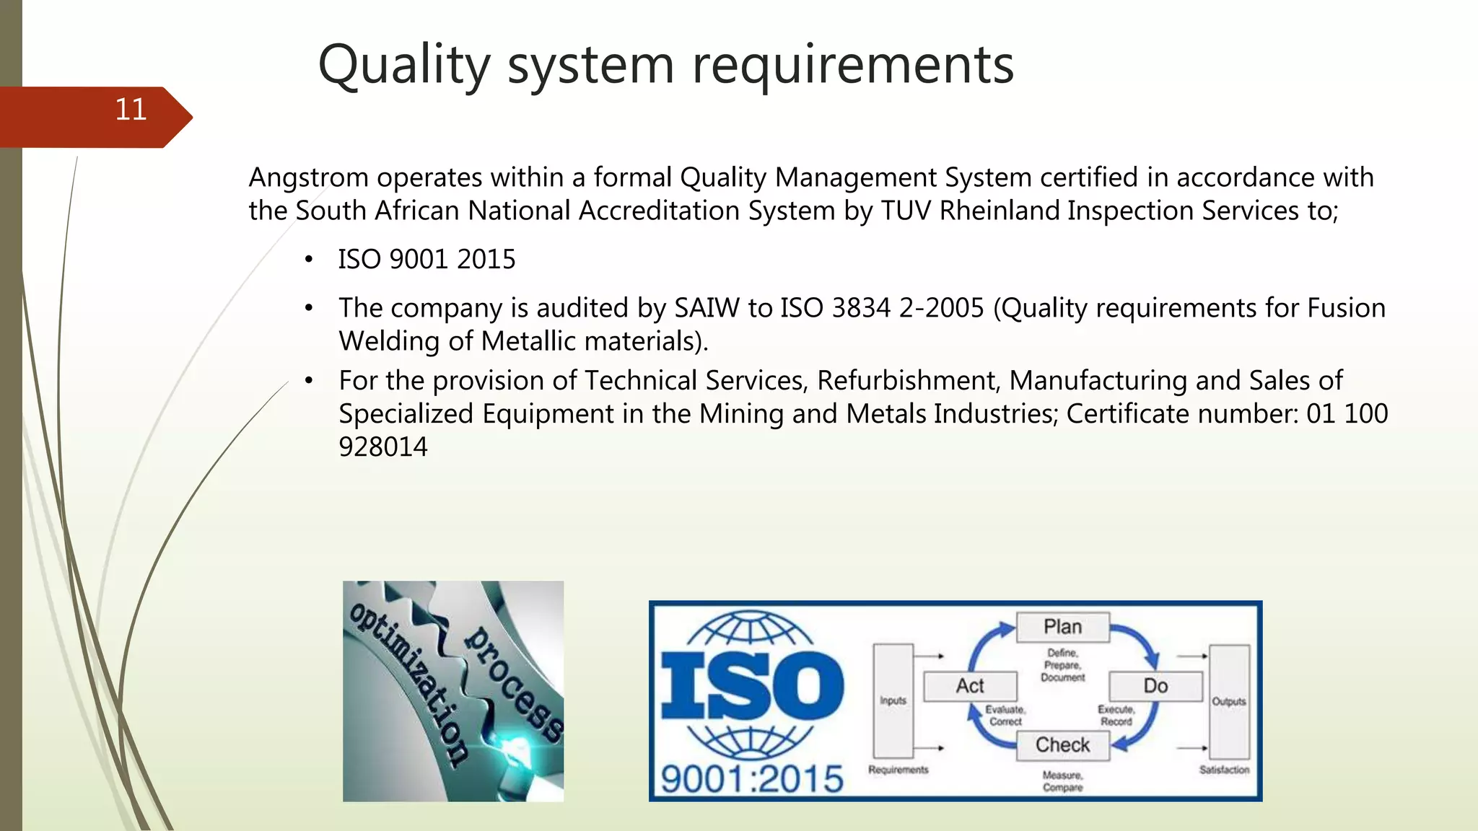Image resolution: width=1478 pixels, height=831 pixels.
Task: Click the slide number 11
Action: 131,110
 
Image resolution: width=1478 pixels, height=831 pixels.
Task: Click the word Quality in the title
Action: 404,65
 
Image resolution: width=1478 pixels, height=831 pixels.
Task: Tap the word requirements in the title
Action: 853,65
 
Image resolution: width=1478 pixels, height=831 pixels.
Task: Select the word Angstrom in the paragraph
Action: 309,177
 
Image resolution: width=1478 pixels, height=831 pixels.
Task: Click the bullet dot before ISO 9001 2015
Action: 309,260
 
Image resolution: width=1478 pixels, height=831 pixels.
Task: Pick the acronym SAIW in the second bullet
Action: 707,308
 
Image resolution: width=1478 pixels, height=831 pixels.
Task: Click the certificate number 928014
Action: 383,447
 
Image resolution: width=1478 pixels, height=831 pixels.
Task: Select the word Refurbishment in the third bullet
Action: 908,381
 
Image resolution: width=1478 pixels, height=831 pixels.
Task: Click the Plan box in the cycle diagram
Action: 1062,627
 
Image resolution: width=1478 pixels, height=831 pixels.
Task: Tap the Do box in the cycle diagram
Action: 1155,686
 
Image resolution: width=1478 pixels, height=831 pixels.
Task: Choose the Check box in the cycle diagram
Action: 1062,745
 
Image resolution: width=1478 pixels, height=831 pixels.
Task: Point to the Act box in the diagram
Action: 970,686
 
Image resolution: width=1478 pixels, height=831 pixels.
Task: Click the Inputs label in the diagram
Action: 893,700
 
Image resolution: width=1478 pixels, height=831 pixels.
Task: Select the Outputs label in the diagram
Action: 1229,701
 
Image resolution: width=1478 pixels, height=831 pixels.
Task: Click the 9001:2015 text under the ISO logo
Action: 752,779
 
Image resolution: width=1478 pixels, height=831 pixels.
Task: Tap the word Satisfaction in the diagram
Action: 1224,770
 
